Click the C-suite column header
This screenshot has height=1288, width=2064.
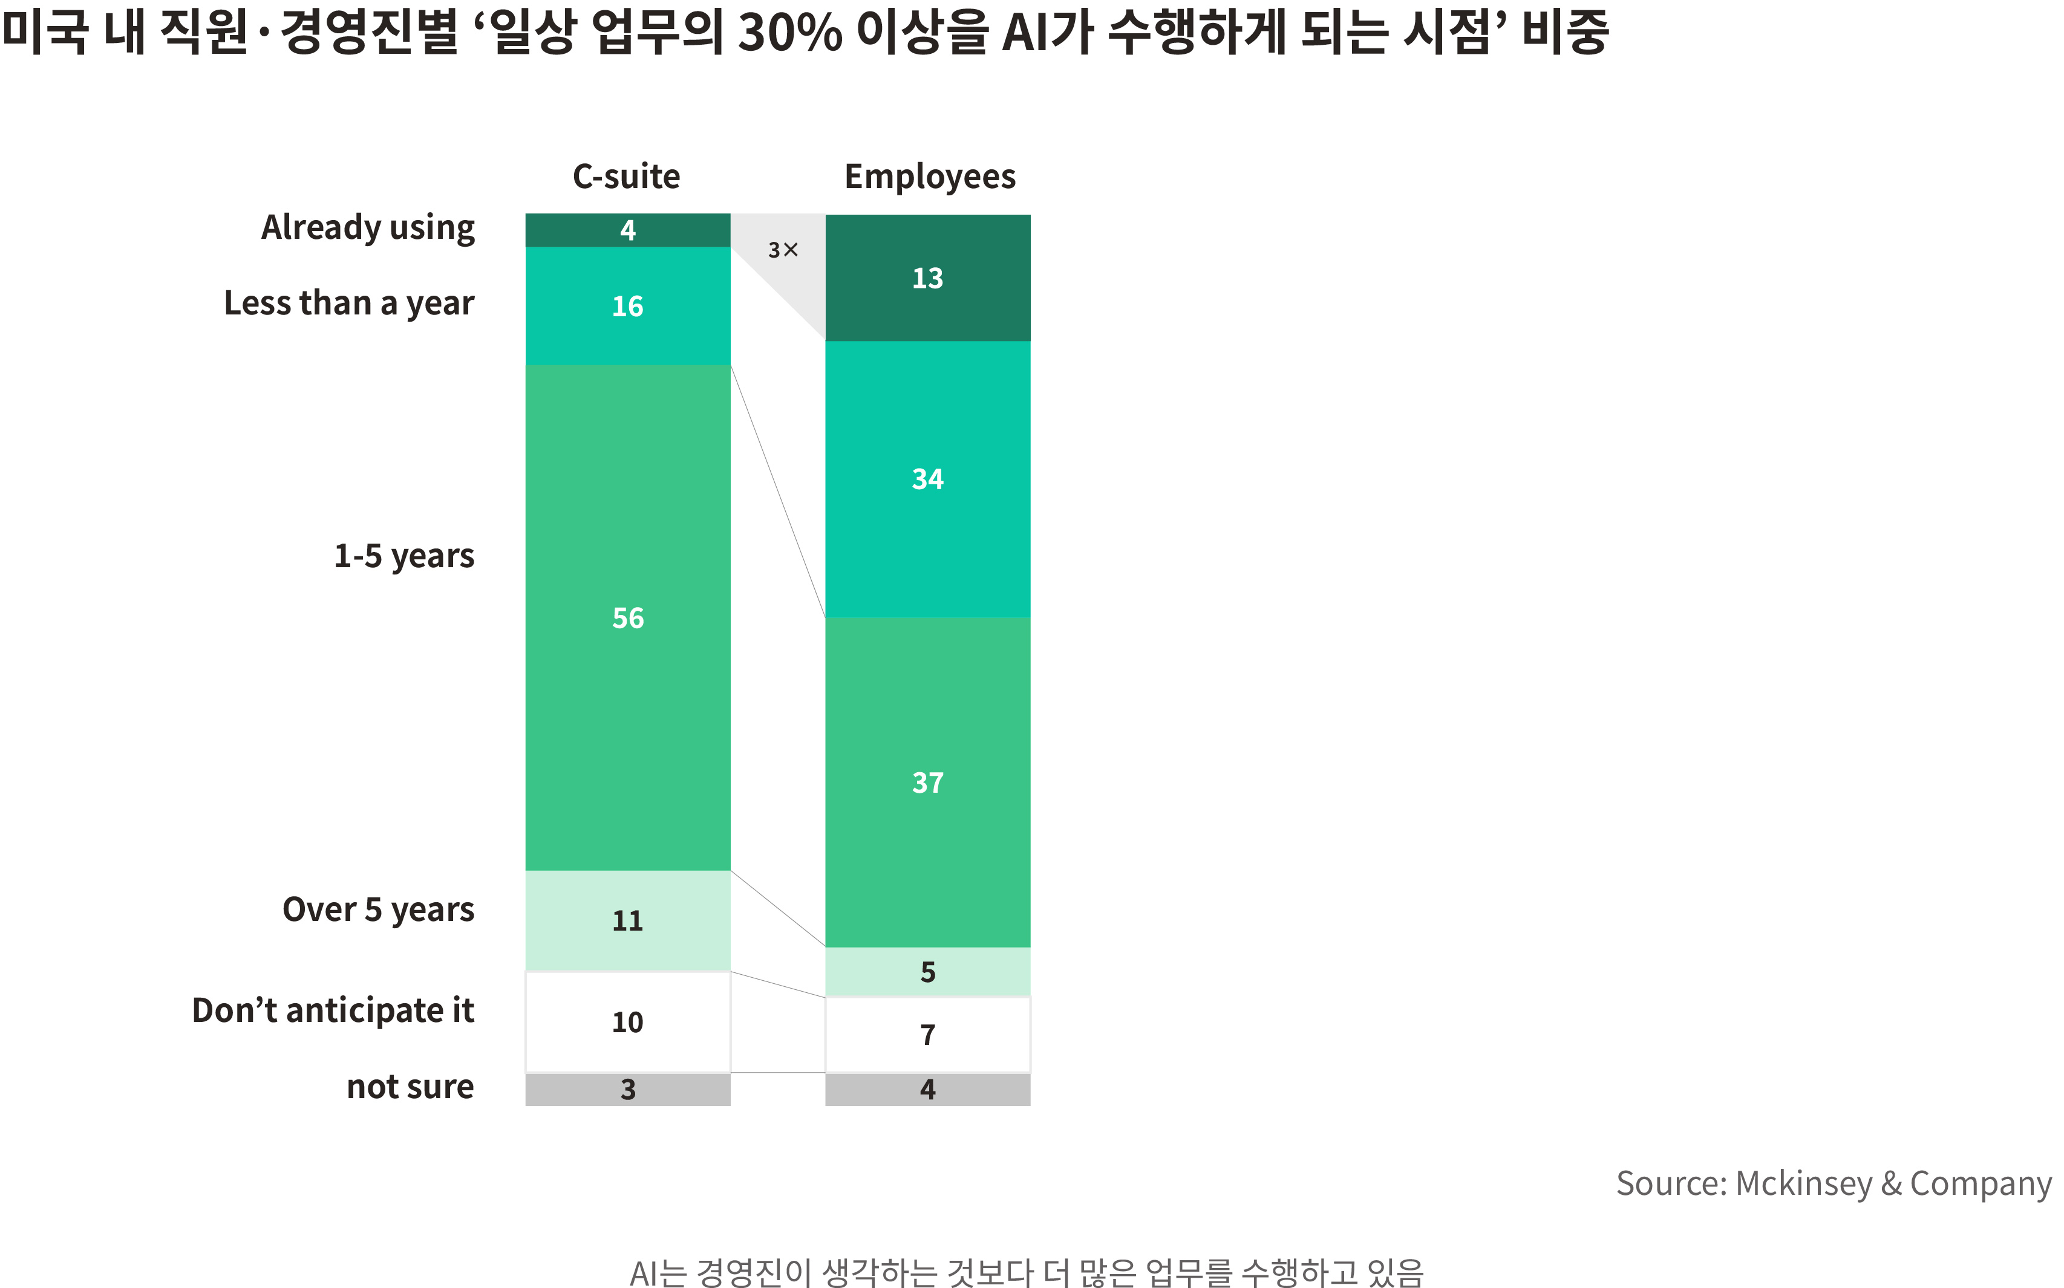point(626,177)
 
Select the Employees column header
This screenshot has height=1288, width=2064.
point(930,177)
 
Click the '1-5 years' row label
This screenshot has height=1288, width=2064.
point(404,555)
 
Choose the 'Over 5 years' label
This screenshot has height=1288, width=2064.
point(377,910)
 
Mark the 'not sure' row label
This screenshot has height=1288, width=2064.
point(410,1087)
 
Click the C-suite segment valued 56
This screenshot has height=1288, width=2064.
point(627,617)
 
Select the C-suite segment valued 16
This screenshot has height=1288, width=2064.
point(627,306)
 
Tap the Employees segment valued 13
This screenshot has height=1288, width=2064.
point(927,278)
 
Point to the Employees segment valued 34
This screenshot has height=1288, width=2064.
point(927,479)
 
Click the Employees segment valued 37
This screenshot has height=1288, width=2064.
point(927,782)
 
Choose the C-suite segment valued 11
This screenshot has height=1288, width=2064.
point(627,920)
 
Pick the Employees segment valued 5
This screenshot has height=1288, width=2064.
point(927,972)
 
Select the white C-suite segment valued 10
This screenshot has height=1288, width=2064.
point(627,1021)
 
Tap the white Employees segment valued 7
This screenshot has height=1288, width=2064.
point(927,1034)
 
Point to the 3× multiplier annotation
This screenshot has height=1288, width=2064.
point(783,250)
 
